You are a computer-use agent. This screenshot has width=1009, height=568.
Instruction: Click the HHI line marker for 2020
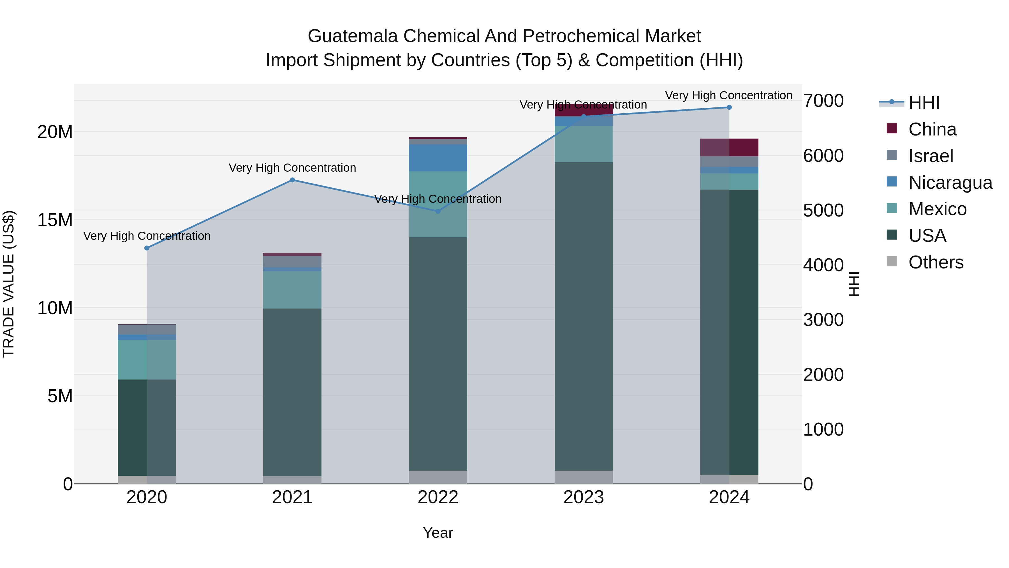(x=147, y=248)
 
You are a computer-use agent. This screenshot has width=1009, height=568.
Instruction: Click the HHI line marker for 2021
(x=292, y=180)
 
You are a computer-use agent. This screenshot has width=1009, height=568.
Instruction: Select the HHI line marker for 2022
(x=438, y=211)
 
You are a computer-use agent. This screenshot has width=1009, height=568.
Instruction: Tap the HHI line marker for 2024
(x=729, y=107)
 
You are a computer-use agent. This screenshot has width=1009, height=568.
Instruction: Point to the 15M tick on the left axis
(x=55, y=220)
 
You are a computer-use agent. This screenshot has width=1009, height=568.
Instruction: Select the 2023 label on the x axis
(x=584, y=497)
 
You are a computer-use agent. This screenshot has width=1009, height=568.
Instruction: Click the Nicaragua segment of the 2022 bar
(x=438, y=158)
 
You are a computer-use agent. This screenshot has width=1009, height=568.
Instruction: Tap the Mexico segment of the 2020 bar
(x=147, y=360)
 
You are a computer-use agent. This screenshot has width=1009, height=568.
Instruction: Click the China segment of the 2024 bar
(x=729, y=147)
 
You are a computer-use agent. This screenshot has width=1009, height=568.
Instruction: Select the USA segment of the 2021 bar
(x=292, y=392)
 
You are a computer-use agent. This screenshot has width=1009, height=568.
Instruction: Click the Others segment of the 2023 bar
(x=584, y=477)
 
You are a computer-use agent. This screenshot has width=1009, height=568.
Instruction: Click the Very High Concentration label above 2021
(x=292, y=168)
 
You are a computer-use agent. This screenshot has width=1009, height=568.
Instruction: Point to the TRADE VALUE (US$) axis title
(x=9, y=284)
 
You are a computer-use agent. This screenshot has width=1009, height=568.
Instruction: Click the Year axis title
(x=438, y=533)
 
